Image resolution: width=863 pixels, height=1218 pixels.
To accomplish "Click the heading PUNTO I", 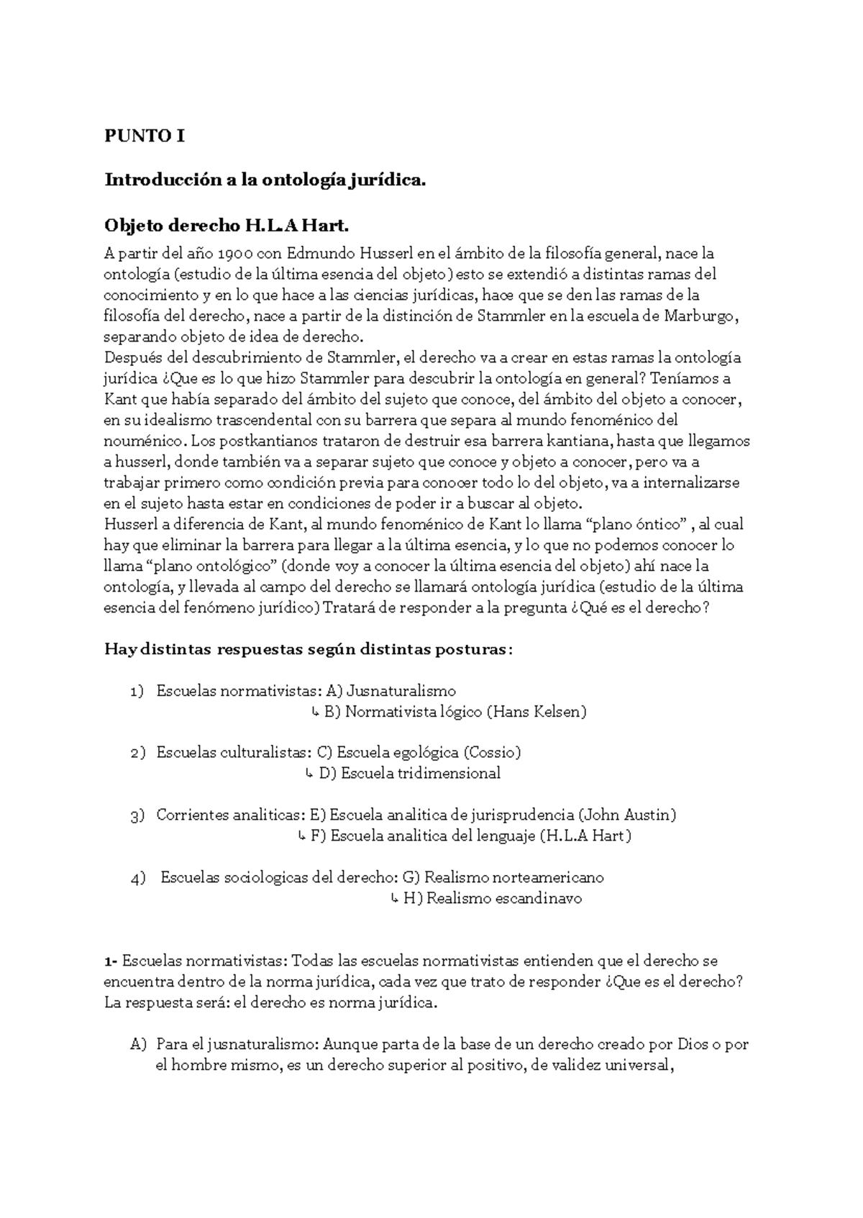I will [145, 136].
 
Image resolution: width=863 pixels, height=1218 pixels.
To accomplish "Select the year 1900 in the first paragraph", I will [235, 254].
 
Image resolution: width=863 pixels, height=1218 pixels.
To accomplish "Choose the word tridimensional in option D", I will [448, 774].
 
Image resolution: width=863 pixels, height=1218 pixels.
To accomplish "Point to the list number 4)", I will [139, 878].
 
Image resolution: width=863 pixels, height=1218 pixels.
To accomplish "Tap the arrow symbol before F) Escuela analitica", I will [301, 836].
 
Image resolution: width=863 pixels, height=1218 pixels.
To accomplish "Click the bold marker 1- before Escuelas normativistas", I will [111, 961].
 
